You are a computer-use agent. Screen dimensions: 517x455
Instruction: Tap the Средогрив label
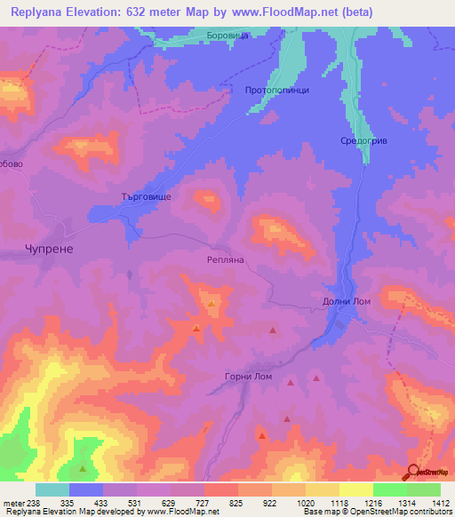tap(364, 141)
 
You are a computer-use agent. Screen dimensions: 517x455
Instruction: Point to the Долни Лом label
tap(346, 302)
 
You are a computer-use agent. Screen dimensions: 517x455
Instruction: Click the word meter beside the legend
tap(14, 503)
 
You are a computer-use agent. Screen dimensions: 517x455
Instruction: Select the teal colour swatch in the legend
tap(52, 489)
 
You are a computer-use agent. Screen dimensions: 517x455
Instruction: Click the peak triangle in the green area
tap(84, 468)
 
